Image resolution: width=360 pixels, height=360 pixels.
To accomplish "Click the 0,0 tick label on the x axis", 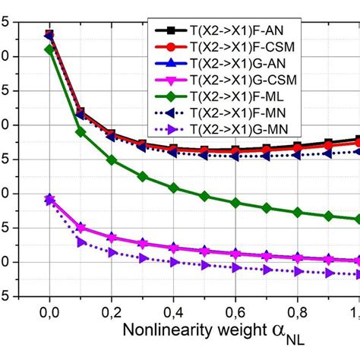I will click(x=49, y=311).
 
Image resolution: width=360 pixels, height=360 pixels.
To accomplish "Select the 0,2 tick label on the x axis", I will click(x=112, y=311).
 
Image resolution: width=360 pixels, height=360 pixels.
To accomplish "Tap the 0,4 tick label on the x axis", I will click(x=173, y=311).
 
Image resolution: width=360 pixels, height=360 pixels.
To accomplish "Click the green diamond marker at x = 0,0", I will click(x=49, y=49).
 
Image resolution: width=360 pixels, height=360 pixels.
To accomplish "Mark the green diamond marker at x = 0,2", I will click(x=112, y=160).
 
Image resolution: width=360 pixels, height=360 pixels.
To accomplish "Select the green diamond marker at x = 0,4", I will click(x=173, y=187).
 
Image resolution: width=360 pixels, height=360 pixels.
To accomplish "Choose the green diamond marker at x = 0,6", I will click(x=235, y=203).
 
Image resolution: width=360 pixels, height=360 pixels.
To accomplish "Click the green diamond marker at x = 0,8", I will click(x=297, y=213).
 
